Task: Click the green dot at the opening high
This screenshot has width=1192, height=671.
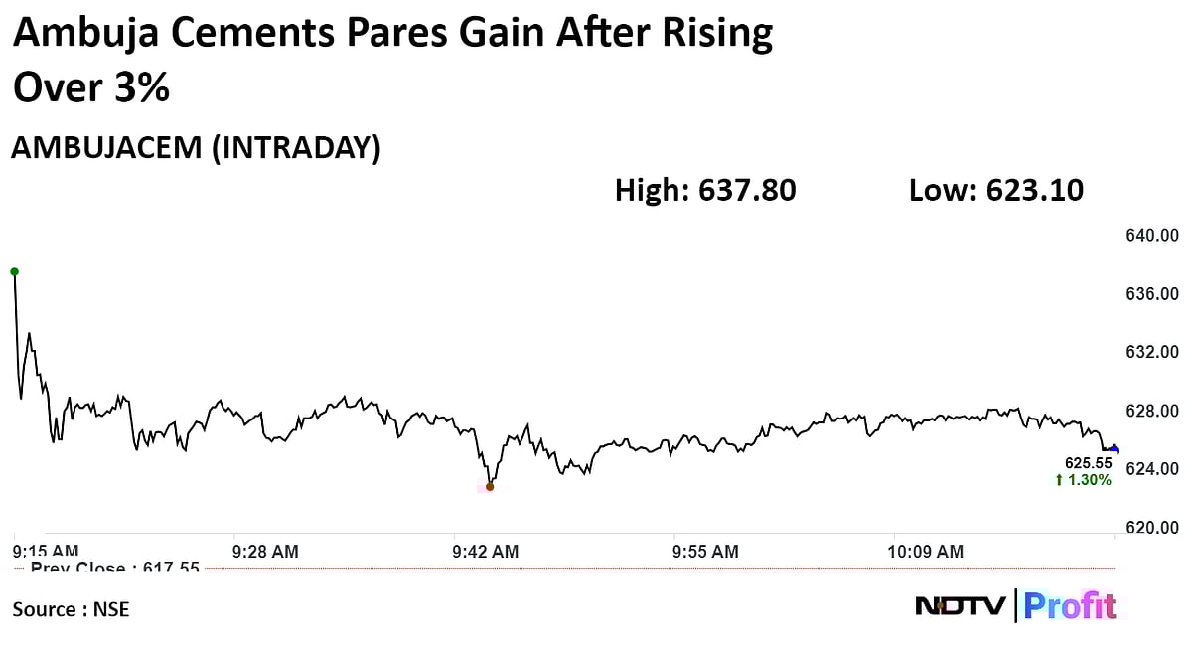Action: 14,271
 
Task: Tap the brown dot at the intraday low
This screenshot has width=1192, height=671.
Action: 489,486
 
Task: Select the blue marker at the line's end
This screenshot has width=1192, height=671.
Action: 1114,449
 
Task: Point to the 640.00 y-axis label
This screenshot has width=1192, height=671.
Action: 1150,236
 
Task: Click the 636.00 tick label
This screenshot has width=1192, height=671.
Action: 1150,294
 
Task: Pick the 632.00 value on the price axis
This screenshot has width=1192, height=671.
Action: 1150,352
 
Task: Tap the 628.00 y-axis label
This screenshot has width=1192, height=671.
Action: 1150,411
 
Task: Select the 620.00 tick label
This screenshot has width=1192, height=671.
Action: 1150,527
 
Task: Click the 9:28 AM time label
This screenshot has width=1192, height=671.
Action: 265,551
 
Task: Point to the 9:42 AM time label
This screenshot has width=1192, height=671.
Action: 485,551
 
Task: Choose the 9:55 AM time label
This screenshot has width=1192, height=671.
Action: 705,551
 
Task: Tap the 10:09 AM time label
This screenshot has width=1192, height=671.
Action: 925,551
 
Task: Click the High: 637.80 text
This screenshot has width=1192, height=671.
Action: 705,190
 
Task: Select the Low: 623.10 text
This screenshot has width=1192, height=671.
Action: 995,190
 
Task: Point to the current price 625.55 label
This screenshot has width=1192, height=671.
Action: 1089,463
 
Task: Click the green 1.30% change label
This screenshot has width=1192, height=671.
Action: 1084,480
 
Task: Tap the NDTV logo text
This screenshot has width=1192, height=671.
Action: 961,605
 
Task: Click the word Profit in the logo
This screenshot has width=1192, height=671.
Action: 1070,605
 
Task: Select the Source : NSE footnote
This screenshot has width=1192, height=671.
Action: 71,609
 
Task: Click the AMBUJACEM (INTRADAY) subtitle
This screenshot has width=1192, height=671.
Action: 196,148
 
